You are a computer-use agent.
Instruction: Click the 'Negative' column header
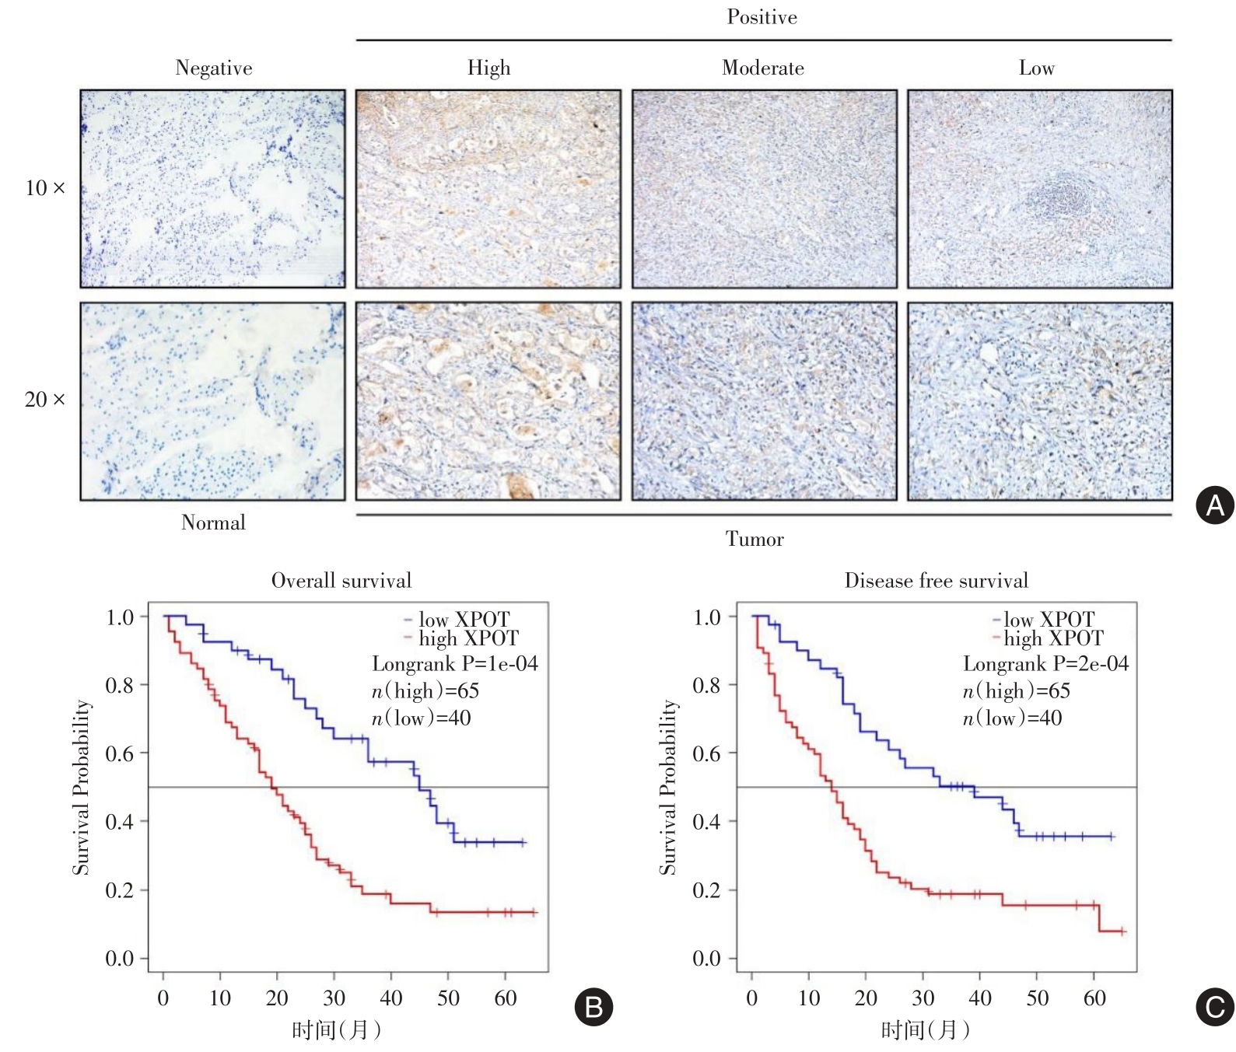point(214,68)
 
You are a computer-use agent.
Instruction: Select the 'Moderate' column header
point(763,68)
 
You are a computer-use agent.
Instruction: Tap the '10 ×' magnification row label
point(45,188)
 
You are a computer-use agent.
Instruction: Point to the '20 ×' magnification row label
point(45,400)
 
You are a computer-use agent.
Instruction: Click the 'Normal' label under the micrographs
point(213,523)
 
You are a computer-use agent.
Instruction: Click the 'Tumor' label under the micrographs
point(755,539)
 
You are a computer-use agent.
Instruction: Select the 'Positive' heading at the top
point(762,17)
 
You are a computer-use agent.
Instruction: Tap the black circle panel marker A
point(1214,505)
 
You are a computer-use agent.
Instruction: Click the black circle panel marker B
point(593,1007)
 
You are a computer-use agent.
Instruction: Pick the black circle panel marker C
point(1214,1007)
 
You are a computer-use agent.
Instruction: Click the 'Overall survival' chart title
point(341,581)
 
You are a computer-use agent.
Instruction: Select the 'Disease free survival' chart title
point(936,581)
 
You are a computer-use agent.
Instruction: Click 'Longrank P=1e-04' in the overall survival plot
point(455,664)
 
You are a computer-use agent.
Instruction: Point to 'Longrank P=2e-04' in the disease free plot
point(1045,664)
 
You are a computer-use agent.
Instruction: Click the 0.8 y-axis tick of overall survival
point(120,685)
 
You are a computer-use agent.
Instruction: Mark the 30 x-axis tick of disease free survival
point(923,998)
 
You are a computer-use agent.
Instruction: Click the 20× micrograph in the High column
point(488,401)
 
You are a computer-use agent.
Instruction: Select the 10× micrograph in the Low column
point(1039,189)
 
